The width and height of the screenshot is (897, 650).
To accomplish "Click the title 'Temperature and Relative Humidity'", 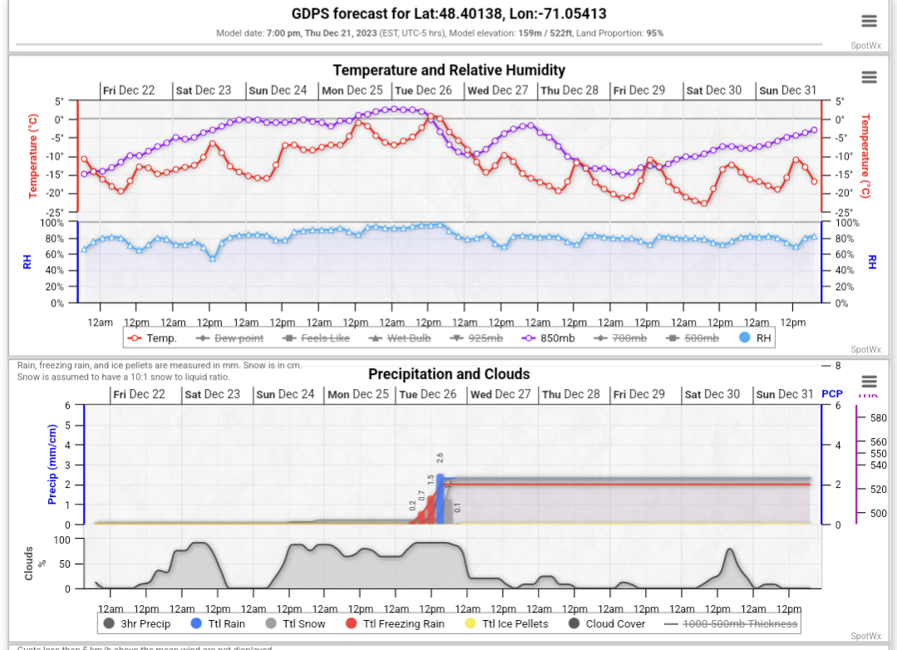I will tap(449, 71).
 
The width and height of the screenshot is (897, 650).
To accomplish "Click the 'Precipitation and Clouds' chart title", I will tap(449, 374).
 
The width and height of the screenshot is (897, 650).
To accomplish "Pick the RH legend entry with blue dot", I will tap(755, 338).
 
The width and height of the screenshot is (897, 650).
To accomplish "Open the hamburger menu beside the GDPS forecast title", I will tap(869, 22).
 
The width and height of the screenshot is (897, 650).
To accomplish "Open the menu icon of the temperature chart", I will tap(869, 77).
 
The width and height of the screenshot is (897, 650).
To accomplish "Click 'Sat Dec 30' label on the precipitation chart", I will tap(713, 395).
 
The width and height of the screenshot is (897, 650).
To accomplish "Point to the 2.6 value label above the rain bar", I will tap(440, 458).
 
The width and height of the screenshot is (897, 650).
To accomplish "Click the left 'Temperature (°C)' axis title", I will tap(33, 156).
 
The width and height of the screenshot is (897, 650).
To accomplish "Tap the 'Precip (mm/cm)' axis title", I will tap(52, 465).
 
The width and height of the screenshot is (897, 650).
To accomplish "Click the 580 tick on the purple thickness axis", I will tap(878, 419).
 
